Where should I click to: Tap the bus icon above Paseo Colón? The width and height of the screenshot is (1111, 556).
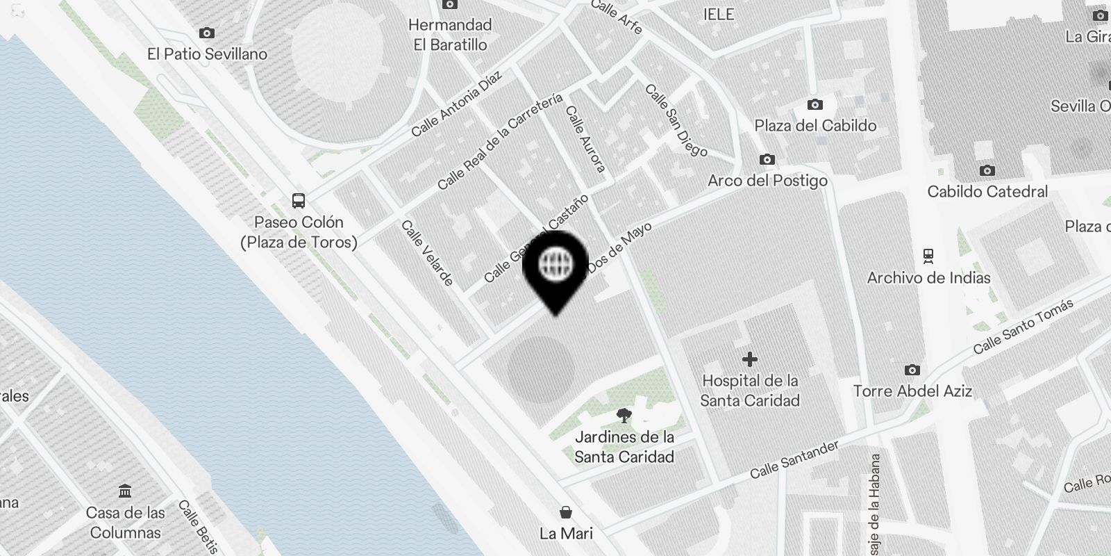pos(299,201)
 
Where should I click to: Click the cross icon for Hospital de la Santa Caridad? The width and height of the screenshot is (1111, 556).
pos(749,359)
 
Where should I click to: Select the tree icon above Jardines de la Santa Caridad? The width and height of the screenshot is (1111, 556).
pos(624,416)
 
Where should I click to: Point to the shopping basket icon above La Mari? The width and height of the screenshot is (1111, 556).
pos(566,513)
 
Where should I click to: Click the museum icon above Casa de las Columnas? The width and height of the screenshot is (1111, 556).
pos(125,491)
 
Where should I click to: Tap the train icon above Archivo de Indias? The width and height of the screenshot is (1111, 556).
pos(928,256)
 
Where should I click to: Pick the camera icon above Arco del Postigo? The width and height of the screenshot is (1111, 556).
pos(767,160)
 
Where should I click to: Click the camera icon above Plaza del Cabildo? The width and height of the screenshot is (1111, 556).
pos(815,105)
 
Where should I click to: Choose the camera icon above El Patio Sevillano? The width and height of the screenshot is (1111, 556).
pos(206,33)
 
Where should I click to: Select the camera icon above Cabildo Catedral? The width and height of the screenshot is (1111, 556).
pos(987,170)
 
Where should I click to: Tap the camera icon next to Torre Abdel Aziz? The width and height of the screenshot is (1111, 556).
pos(912,370)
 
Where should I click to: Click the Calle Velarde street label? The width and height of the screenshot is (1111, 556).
pos(428,254)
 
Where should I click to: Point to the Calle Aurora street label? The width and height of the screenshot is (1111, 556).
pos(586,138)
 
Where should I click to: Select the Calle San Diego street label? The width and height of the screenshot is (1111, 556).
pos(676,120)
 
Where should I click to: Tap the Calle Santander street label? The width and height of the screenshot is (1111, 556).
pos(794,459)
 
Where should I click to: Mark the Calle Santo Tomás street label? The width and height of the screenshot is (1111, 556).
pos(1023,326)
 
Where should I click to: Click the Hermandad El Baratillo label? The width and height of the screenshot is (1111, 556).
pos(450,35)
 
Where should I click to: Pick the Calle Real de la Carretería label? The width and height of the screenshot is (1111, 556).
pos(500,141)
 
